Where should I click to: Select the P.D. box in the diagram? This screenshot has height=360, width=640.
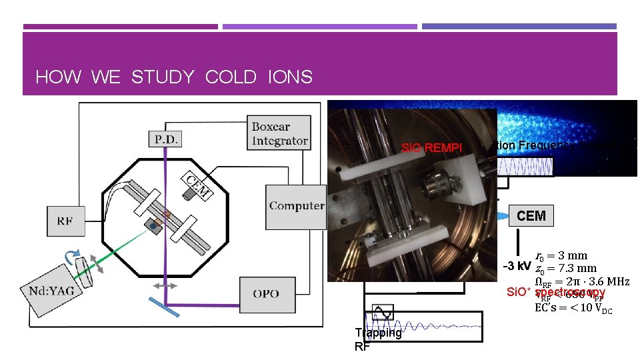[164, 139]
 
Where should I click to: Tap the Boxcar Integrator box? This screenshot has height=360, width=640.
[280, 132]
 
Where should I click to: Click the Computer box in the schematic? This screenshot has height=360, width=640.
[296, 206]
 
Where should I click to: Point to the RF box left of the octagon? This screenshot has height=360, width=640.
[65, 221]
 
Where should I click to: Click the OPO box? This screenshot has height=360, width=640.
[266, 293]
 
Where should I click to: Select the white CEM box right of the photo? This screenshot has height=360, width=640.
[531, 215]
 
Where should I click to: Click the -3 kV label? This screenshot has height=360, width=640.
[517, 267]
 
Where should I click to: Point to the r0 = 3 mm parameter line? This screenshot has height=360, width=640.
[561, 255]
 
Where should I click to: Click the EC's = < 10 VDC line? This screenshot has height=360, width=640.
[573, 308]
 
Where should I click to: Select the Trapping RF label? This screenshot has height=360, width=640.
[378, 339]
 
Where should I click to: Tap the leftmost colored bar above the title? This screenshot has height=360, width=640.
[121, 27]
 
